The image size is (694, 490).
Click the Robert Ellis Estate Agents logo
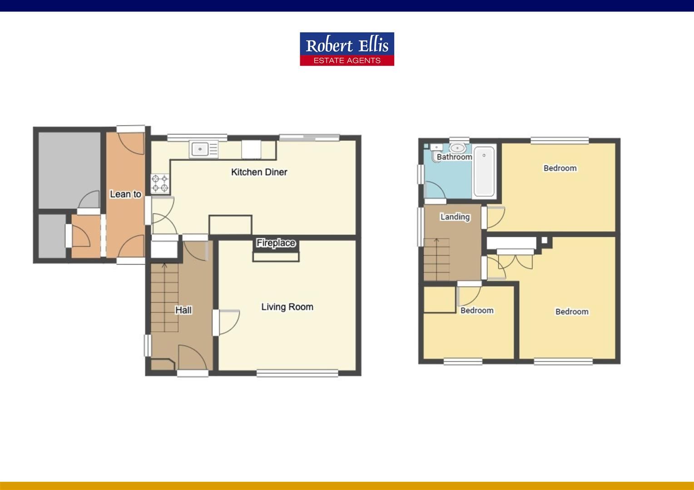coord(347,49)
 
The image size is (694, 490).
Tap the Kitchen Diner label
coord(259,172)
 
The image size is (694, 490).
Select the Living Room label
coord(287,307)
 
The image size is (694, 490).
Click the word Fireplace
coord(276,243)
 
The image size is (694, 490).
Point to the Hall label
coord(183,310)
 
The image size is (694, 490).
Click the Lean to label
coord(125,194)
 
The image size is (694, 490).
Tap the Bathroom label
coord(454,157)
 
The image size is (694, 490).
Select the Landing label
coord(455,217)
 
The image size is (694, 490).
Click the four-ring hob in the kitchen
coord(160,183)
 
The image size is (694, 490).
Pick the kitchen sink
coord(200,148)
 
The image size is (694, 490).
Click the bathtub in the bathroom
coord(484,171)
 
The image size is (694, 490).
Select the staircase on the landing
coord(436,260)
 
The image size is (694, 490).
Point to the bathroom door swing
coord(435,191)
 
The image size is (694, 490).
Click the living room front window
coord(297,373)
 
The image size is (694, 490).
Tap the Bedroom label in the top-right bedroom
coord(560,168)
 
